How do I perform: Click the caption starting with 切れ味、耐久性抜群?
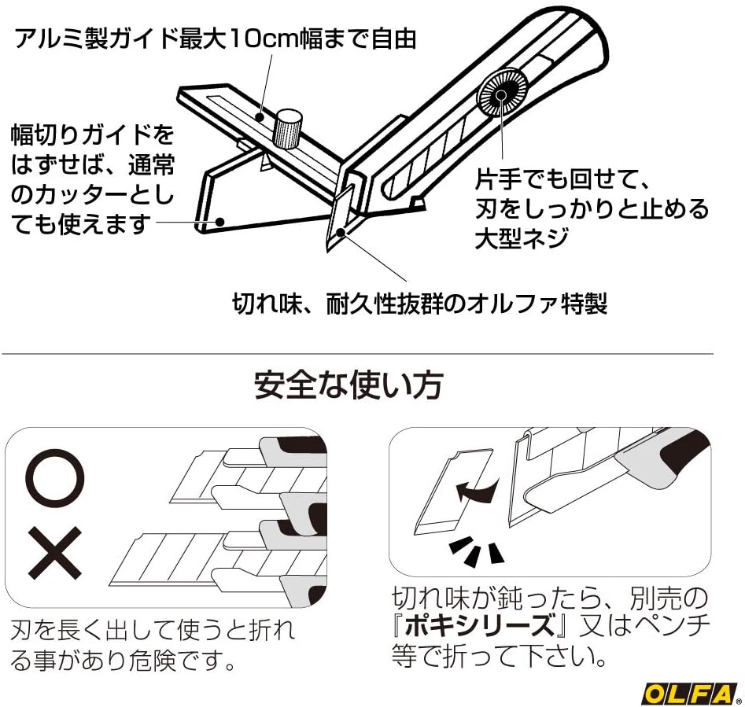[420, 303]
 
